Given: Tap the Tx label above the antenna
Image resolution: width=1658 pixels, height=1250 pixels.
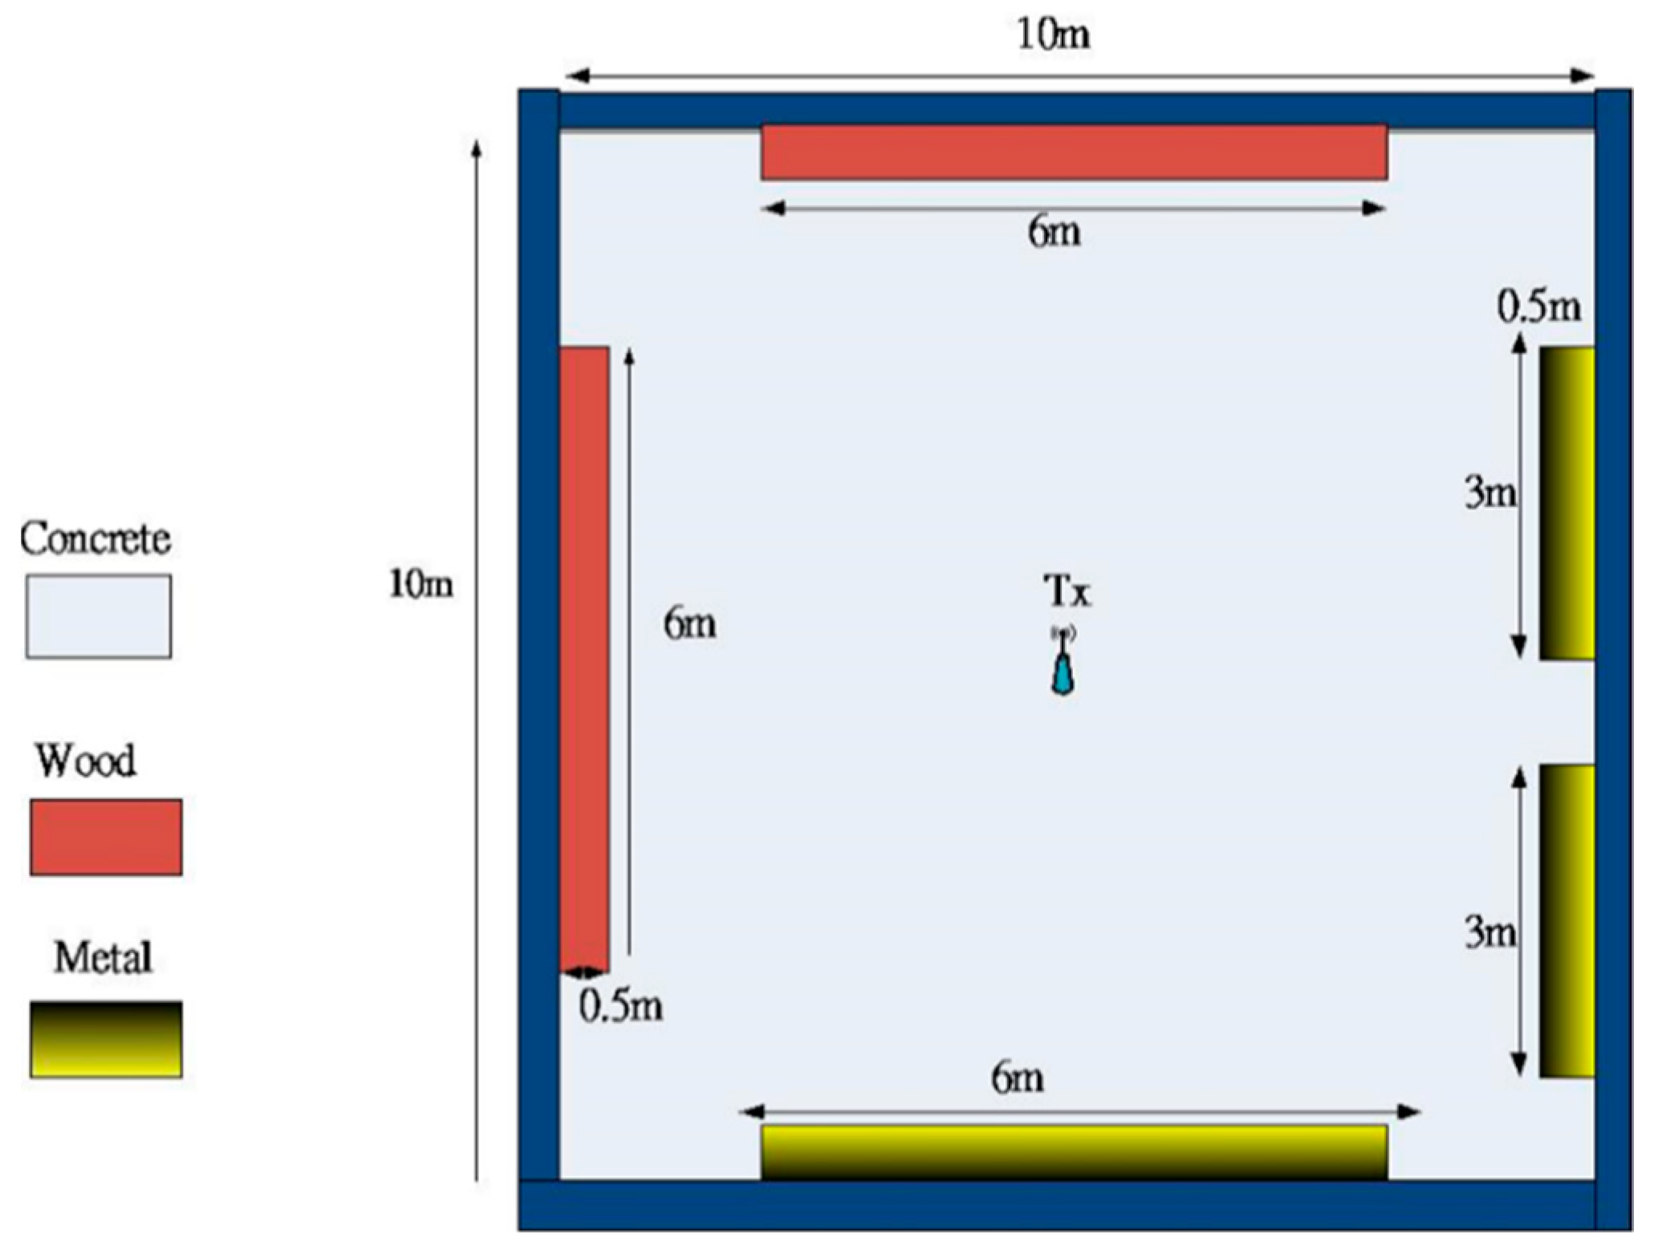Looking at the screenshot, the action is [x=1067, y=592].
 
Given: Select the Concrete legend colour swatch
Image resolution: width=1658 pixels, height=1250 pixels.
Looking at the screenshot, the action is [x=98, y=616].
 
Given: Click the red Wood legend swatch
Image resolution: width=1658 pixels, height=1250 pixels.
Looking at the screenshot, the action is [x=106, y=837].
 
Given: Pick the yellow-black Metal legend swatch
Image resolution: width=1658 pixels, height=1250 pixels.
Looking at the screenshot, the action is [x=106, y=1039].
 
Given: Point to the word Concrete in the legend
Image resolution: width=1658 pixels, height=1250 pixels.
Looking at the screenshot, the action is [x=95, y=539].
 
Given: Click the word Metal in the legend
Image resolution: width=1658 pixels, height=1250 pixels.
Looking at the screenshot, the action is [x=103, y=958].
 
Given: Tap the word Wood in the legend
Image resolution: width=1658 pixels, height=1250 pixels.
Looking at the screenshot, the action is [x=86, y=761].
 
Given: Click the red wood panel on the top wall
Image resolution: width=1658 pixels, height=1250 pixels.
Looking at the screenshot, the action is [x=1074, y=152].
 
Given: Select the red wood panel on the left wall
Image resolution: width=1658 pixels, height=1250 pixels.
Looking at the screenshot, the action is [x=583, y=659].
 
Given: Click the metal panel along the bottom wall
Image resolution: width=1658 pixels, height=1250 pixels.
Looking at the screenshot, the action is [x=1074, y=1152].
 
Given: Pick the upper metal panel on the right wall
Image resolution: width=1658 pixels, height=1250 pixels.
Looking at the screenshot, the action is [x=1567, y=503].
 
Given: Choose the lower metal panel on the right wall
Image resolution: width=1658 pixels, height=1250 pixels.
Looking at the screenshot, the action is [x=1567, y=921].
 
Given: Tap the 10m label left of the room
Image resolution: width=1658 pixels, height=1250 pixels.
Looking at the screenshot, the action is [x=421, y=584].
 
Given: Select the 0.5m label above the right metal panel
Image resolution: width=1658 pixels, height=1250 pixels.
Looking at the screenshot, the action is [x=1539, y=307].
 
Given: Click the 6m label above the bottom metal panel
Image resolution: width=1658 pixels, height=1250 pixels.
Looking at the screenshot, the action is [x=1018, y=1078].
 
